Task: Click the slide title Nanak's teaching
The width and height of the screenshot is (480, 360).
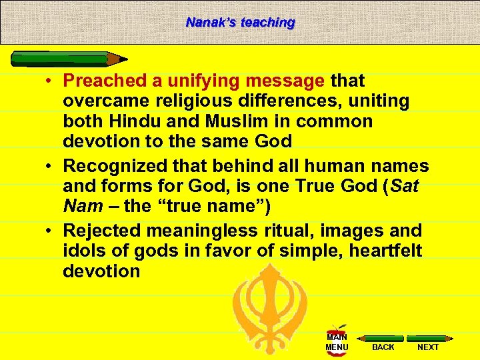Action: [x=240, y=22]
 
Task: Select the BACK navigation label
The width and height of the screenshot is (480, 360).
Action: [x=383, y=347]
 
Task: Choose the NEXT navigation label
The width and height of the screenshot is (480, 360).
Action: [x=427, y=347]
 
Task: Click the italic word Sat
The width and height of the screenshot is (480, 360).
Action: [x=405, y=186]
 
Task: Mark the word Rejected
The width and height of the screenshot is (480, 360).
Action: [x=99, y=231]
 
